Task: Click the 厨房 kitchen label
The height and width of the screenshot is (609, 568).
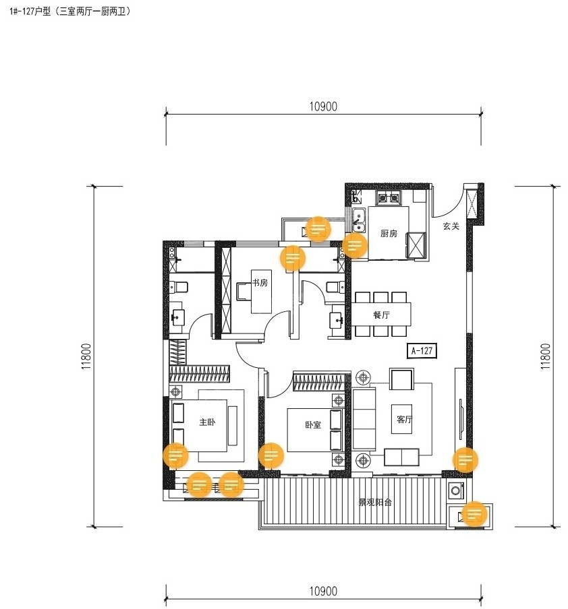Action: click(x=389, y=233)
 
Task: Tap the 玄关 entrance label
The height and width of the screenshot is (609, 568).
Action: click(x=451, y=226)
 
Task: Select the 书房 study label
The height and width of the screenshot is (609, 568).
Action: click(x=260, y=283)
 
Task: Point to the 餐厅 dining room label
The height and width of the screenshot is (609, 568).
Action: click(x=381, y=315)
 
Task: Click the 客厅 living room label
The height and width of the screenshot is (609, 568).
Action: click(x=404, y=420)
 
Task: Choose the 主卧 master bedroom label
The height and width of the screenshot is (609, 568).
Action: click(x=207, y=422)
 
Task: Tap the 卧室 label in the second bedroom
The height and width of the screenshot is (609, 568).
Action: click(x=313, y=424)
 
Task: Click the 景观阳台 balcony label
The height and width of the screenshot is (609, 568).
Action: click(x=375, y=502)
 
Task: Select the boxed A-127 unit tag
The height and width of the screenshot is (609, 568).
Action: click(x=422, y=351)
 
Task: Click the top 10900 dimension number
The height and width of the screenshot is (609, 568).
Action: click(x=323, y=106)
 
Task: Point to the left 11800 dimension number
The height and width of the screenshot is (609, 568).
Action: click(x=86, y=356)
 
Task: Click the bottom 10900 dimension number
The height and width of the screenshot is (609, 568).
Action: click(x=323, y=591)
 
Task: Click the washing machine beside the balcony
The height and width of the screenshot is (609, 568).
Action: click(x=456, y=490)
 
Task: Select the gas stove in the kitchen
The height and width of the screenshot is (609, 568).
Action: click(x=389, y=198)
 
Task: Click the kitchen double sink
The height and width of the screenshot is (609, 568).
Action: click(x=359, y=220)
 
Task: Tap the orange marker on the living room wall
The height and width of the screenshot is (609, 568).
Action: click(x=465, y=460)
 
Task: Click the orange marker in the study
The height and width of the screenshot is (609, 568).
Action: click(x=293, y=257)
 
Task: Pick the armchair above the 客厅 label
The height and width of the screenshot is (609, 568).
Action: click(x=401, y=379)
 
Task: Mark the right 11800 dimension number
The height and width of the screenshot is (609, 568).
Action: click(x=546, y=356)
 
